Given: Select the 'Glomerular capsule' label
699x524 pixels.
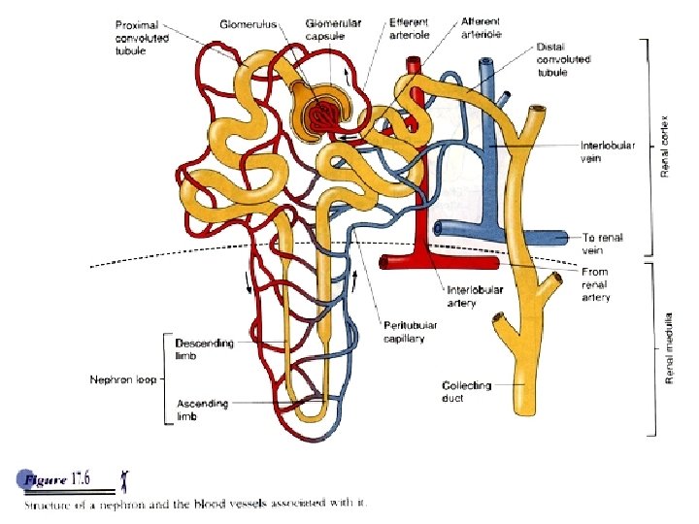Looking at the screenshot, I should (334, 29).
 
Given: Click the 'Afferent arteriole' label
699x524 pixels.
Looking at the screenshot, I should (482, 26).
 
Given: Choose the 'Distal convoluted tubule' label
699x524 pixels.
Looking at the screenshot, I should (563, 60).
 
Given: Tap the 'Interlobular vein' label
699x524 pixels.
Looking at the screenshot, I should (607, 151).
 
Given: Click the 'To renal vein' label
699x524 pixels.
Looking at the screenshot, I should (603, 243).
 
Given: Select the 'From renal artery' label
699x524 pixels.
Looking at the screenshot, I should (596, 285).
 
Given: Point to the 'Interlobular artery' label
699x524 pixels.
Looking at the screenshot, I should (475, 296).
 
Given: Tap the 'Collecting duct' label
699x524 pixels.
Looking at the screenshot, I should (466, 391).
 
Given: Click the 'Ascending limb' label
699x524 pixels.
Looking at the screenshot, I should (202, 409).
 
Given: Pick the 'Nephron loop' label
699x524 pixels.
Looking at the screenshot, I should (122, 378).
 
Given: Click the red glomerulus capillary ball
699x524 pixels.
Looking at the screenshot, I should (326, 115).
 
